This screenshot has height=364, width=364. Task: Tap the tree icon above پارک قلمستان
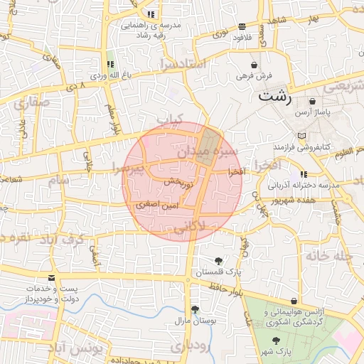218,260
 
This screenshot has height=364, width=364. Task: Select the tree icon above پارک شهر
276,341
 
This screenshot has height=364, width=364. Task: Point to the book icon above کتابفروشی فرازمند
303,135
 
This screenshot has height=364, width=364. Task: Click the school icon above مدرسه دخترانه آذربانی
304,174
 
